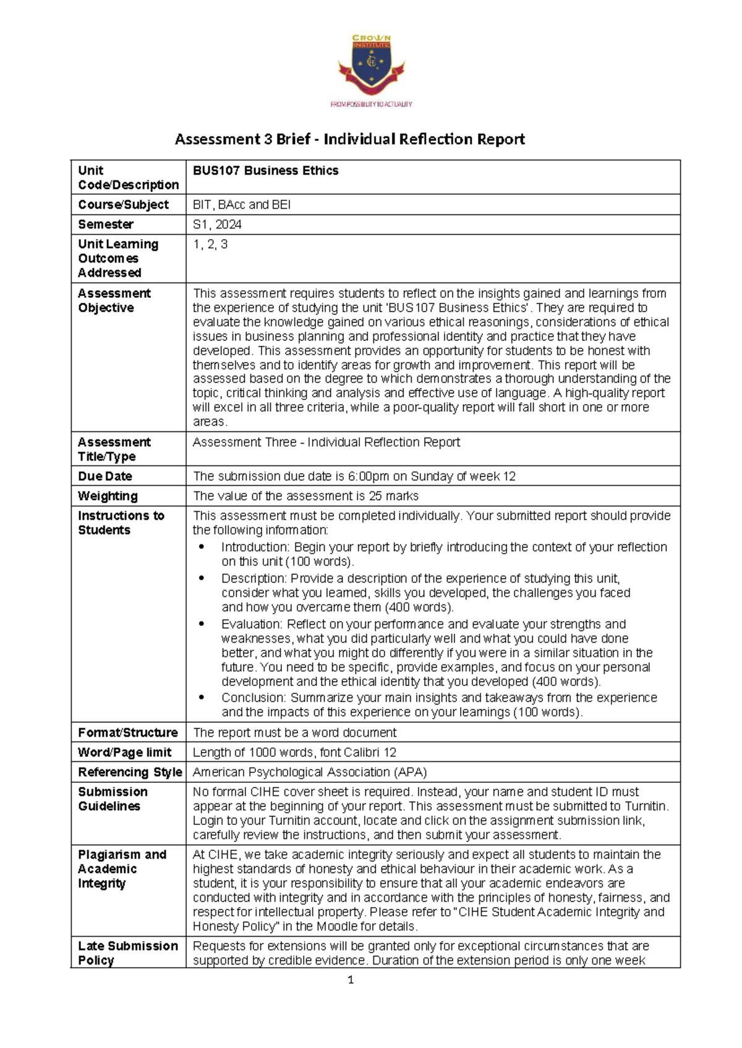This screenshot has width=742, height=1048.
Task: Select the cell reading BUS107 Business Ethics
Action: (265, 171)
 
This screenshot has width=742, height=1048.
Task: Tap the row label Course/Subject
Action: (123, 205)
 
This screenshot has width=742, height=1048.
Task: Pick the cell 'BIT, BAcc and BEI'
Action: (241, 205)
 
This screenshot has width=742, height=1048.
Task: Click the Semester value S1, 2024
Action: (217, 224)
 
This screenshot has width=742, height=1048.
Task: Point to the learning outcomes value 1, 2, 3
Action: (210, 244)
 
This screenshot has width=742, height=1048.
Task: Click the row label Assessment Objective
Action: (114, 300)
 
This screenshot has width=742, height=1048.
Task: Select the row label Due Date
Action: (105, 476)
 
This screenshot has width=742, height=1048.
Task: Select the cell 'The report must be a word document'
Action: (294, 733)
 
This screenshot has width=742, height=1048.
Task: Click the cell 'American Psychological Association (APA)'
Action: (310, 772)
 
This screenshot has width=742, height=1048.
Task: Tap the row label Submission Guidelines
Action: (113, 799)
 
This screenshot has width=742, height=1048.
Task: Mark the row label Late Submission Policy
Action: (127, 953)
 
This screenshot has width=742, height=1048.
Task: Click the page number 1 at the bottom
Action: (351, 979)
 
